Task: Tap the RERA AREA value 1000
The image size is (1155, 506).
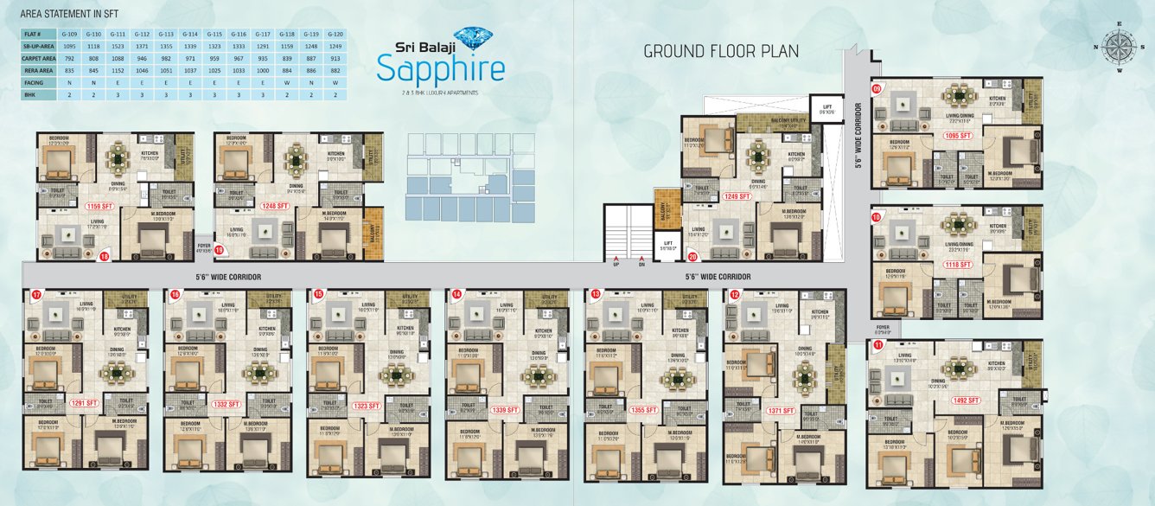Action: coord(264,69)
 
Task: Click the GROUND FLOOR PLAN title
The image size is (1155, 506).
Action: coord(721,52)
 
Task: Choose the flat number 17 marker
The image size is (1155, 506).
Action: coord(36,295)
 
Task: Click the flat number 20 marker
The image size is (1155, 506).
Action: coord(692,256)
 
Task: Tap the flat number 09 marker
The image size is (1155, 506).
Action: coord(877,88)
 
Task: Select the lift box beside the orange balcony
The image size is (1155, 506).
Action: coord(667,247)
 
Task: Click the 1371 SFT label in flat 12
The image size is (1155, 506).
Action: coord(782,411)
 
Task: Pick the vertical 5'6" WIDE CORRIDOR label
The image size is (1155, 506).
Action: coord(858,138)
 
